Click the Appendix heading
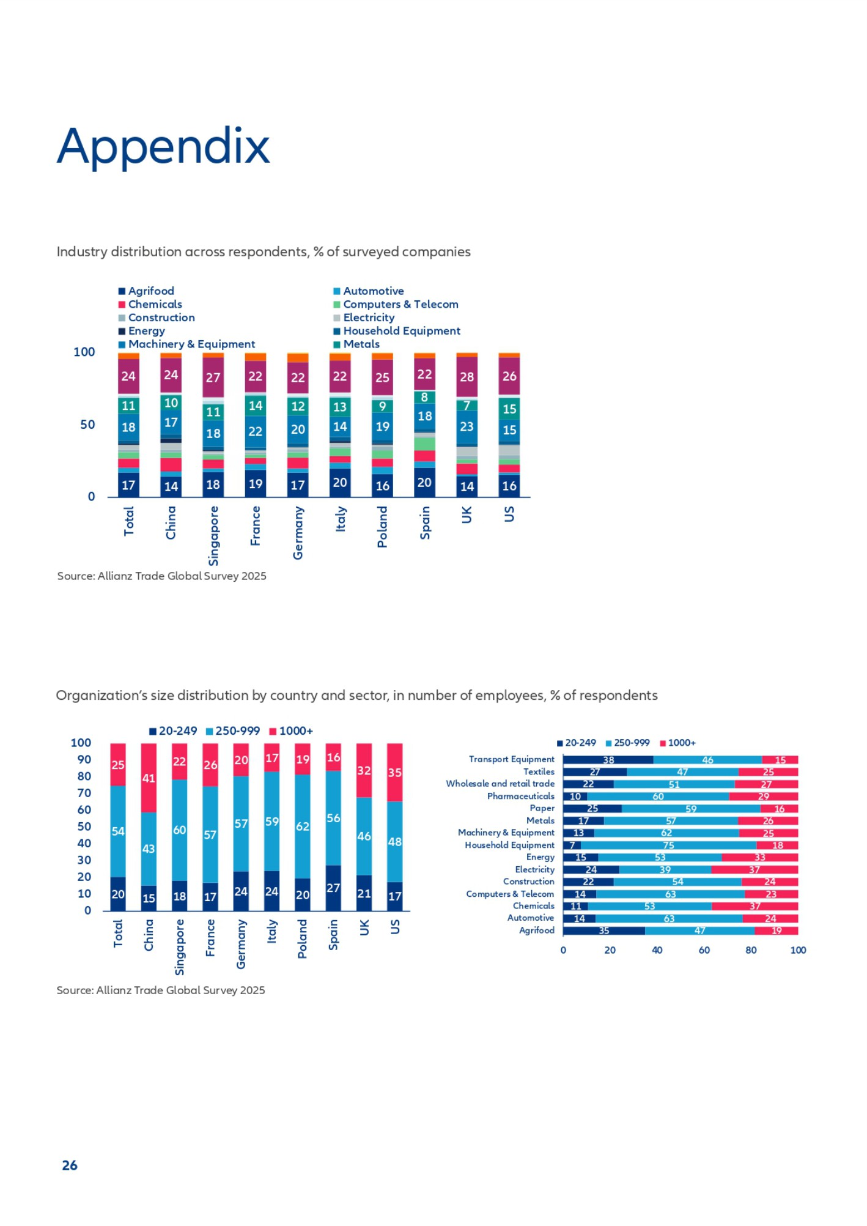pyautogui.click(x=163, y=147)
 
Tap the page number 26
pyautogui.click(x=70, y=1165)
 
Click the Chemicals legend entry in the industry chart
pyautogui.click(x=155, y=304)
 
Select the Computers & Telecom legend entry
pyautogui.click(x=400, y=304)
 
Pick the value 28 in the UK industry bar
pyautogui.click(x=467, y=377)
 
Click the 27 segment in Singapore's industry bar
pyautogui.click(x=213, y=377)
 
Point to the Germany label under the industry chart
pyautogui.click(x=298, y=532)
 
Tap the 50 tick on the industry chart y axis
pyautogui.click(x=87, y=425)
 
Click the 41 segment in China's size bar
pyautogui.click(x=149, y=778)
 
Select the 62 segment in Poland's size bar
pyautogui.click(x=303, y=826)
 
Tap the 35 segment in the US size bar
pyautogui.click(x=395, y=773)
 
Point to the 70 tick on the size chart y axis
pyautogui.click(x=84, y=793)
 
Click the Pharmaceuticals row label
pyautogui.click(x=520, y=796)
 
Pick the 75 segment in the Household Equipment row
pyautogui.click(x=668, y=845)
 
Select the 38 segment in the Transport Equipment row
pyautogui.click(x=608, y=760)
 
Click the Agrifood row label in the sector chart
pyautogui.click(x=537, y=931)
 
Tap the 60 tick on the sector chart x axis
pyautogui.click(x=704, y=950)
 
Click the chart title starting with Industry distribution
pyautogui.click(x=264, y=252)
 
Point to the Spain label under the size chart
pyautogui.click(x=333, y=934)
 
